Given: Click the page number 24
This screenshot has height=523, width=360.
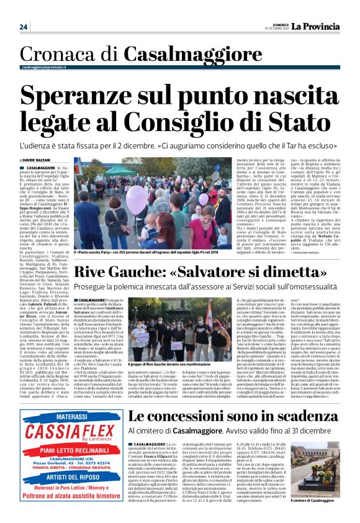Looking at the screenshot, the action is click(24, 27).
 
